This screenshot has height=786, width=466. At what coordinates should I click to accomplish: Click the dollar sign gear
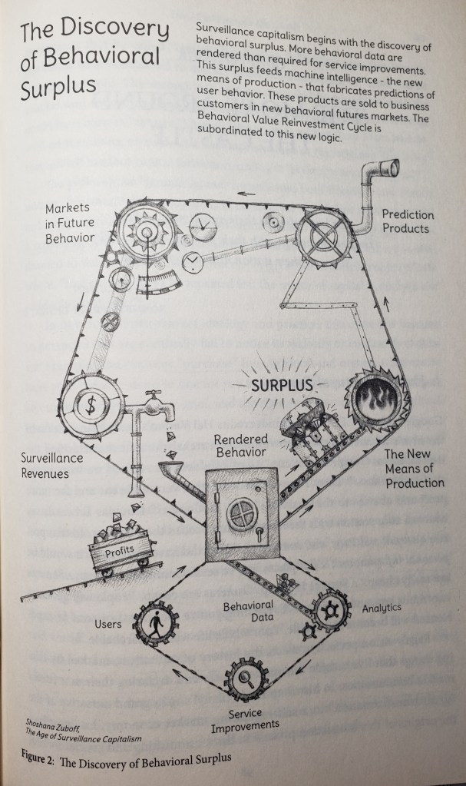coord(91,406)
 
